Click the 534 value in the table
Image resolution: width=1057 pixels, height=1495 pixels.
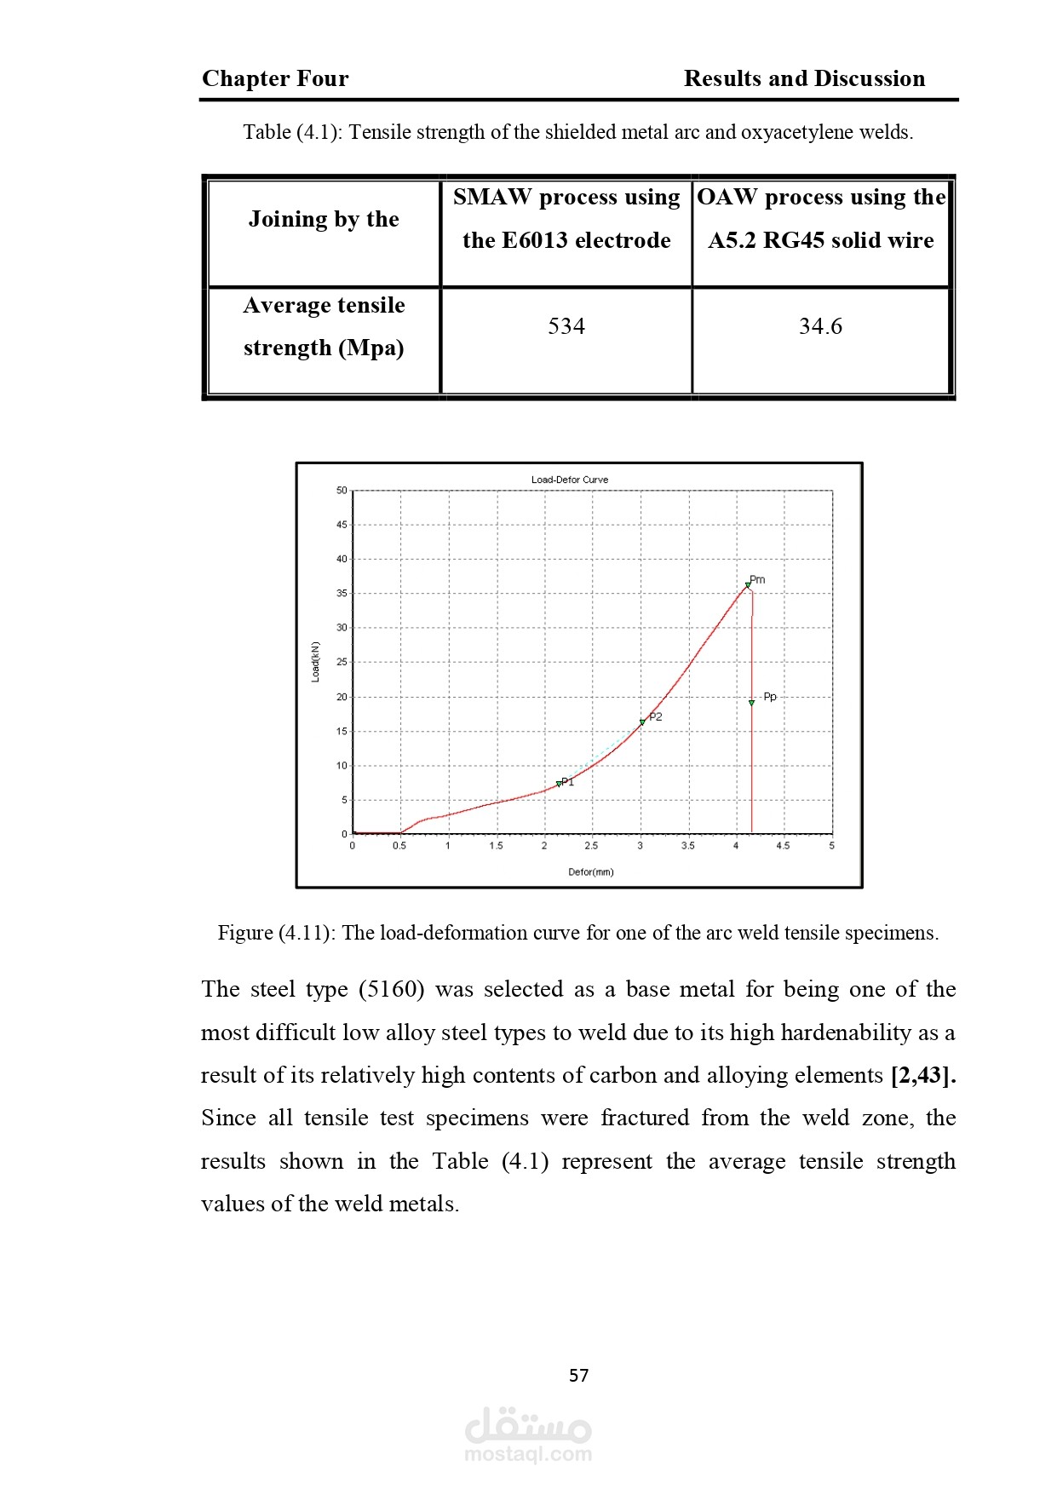(x=566, y=326)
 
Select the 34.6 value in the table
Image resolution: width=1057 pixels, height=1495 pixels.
(x=820, y=326)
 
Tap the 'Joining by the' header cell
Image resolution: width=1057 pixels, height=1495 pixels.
(x=324, y=219)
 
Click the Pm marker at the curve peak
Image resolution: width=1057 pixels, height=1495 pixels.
(x=748, y=585)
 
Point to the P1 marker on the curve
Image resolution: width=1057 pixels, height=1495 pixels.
(x=559, y=784)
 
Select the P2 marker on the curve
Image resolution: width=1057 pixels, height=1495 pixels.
(x=642, y=722)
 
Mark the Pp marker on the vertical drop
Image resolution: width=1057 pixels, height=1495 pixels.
(x=751, y=703)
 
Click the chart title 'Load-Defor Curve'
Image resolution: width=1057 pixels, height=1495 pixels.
(x=570, y=480)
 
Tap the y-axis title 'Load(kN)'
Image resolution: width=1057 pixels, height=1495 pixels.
(x=316, y=662)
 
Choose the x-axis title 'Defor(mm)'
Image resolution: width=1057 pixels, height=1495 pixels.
(x=591, y=872)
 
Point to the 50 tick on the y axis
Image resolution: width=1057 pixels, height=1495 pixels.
(x=342, y=491)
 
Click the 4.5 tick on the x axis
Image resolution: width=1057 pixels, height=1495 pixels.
(x=783, y=846)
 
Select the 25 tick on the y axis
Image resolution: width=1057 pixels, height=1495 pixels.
(x=342, y=662)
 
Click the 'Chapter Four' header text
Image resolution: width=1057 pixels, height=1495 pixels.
(x=275, y=78)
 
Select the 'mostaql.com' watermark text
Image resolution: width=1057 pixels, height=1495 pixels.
(x=528, y=1454)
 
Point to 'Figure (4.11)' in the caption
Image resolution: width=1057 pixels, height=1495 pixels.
(x=274, y=933)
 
